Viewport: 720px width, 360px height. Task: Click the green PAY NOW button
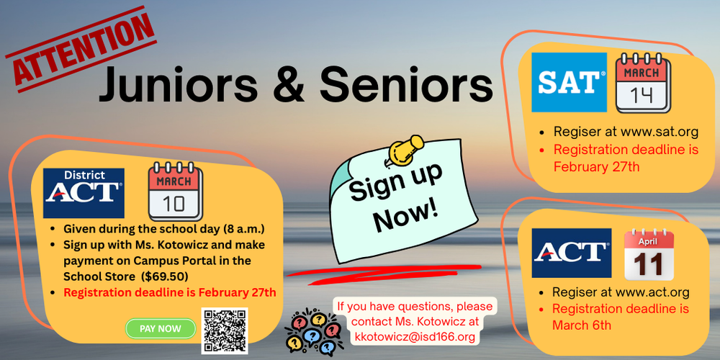pos(161,328)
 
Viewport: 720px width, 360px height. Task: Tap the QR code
pos(225,330)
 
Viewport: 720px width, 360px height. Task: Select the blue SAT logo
pos(569,82)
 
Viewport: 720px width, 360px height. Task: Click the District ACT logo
pos(84,193)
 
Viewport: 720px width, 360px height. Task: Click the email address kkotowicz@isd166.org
pos(415,336)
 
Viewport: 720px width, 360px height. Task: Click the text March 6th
pos(582,325)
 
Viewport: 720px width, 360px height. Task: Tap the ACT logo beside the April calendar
pos(571,253)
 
